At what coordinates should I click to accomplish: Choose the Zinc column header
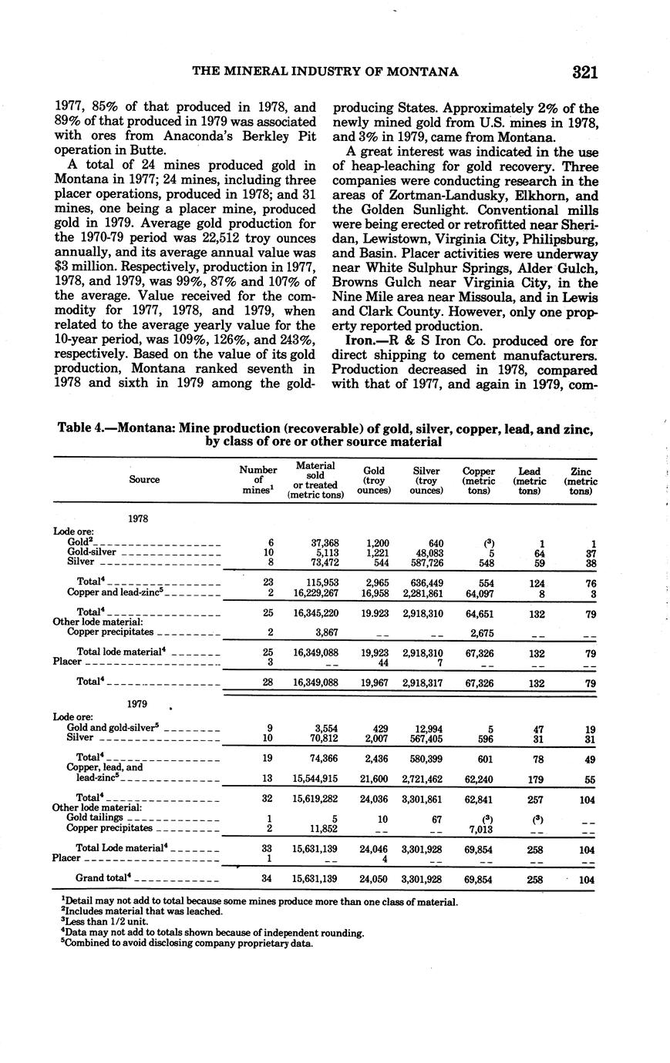coord(581,480)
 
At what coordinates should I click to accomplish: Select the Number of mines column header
coord(258,480)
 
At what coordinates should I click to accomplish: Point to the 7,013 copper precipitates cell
coord(480,828)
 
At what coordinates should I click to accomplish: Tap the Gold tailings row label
coord(96,817)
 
